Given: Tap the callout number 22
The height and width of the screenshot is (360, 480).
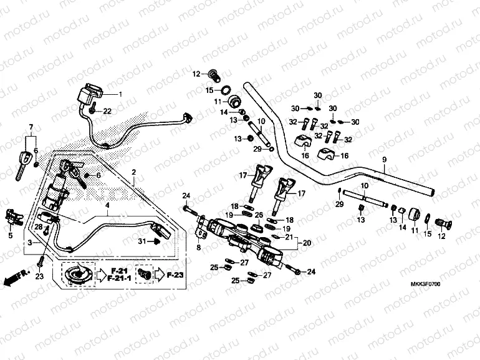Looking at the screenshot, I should tap(107, 111).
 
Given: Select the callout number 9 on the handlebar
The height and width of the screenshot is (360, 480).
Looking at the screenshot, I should tap(385, 160).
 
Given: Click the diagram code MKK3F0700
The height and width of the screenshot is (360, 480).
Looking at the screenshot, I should tap(426, 284).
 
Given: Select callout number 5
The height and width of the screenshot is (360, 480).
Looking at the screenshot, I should tap(10, 235).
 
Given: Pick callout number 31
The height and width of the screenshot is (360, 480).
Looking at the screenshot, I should tap(142, 241).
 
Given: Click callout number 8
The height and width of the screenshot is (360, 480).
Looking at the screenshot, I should tap(199, 248).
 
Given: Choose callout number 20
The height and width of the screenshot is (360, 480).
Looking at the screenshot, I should tap(306, 243).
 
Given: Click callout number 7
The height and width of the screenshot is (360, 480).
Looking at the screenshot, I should tap(29, 127).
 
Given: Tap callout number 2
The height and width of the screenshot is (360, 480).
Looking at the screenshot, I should tap(133, 171).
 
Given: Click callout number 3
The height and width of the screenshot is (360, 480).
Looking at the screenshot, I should tap(27, 241).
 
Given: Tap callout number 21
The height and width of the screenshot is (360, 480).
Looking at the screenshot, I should tap(289, 237).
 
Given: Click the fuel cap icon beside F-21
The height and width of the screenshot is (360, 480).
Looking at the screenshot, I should tap(78, 274).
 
